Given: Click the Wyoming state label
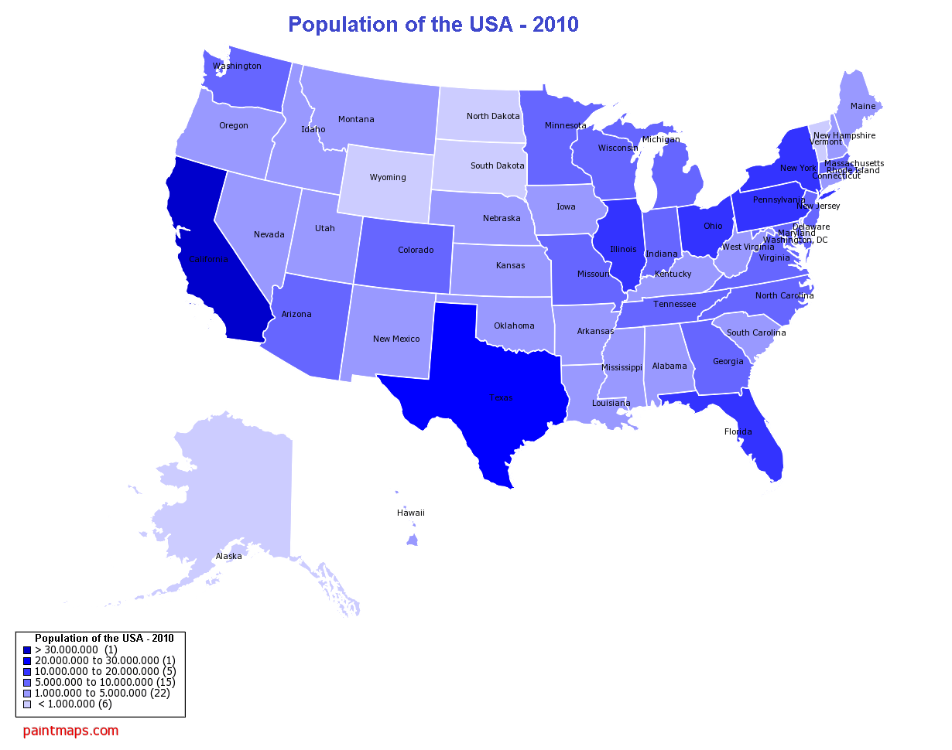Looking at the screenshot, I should tap(388, 177).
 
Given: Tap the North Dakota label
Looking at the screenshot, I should tap(493, 116).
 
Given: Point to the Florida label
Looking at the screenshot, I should tap(738, 431).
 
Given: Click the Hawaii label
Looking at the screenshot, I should tap(410, 513).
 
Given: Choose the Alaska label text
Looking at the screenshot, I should tap(228, 556).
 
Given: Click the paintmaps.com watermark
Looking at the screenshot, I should tap(70, 730).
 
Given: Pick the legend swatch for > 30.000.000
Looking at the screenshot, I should tap(27, 649).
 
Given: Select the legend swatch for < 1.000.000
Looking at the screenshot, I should tap(27, 704).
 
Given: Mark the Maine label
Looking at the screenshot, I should tap(863, 106).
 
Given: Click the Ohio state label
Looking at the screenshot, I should tap(713, 226).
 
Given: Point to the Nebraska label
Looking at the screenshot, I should tap(502, 218).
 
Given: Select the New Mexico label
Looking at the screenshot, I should tap(396, 339).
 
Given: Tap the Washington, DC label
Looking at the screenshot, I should tap(795, 240).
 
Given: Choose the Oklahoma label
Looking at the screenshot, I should tap(514, 326).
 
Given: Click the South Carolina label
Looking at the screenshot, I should tap(756, 332).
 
